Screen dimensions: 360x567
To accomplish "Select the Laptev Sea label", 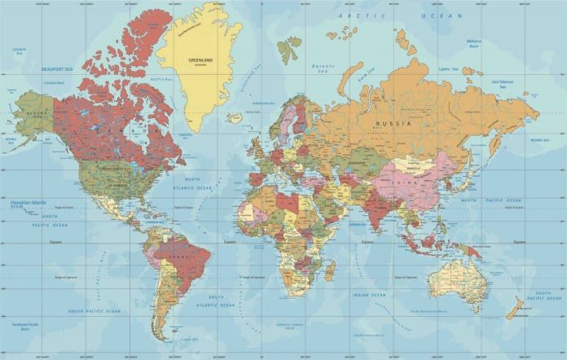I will [x=448, y=69].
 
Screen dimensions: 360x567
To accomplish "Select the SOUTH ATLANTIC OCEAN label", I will [x=216, y=301].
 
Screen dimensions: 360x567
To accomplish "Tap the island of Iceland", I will [x=235, y=116].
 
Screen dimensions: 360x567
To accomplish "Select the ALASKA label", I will [x=33, y=112].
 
